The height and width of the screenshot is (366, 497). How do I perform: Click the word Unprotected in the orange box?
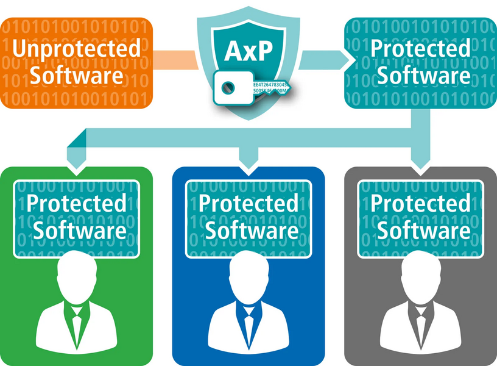click(x=76, y=49)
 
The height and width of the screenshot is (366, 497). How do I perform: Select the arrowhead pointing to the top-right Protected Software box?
click(x=348, y=59)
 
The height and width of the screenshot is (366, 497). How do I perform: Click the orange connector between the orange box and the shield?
click(x=174, y=59)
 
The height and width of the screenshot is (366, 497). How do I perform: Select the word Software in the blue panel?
click(x=248, y=230)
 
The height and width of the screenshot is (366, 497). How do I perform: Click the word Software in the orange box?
click(x=76, y=76)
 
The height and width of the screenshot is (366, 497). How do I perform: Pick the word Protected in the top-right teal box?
click(x=421, y=49)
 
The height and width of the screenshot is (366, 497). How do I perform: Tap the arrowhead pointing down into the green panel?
click(x=76, y=165)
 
